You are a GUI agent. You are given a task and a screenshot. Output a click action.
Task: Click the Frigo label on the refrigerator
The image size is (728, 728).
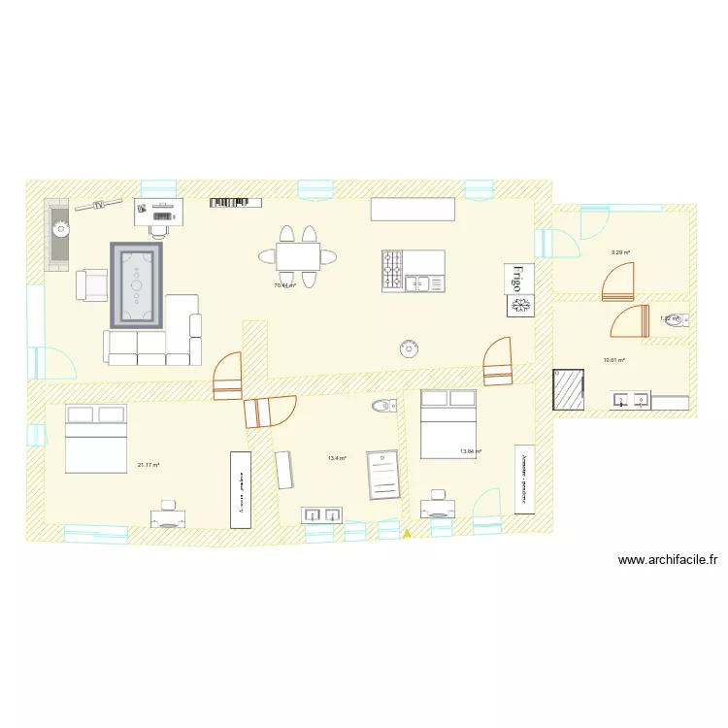(518, 279)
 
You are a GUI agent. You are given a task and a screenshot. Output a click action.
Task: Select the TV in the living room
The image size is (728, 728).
(98, 205)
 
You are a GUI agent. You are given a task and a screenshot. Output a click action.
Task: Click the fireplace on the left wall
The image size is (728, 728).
(59, 235)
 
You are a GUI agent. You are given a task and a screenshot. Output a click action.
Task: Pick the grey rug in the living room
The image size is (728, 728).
(137, 284)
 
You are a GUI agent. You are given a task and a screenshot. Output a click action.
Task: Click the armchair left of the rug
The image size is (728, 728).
(91, 284)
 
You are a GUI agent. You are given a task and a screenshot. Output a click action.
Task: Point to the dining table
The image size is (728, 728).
(298, 256)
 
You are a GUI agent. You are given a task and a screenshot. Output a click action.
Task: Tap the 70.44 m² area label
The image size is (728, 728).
(285, 286)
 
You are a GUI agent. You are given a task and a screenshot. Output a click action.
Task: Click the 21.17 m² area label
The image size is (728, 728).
(148, 465)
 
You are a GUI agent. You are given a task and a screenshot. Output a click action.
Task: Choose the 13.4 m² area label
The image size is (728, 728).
(337, 458)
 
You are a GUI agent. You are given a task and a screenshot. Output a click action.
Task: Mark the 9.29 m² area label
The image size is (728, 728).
(620, 253)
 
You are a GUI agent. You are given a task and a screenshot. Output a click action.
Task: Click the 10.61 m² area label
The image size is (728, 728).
(613, 360)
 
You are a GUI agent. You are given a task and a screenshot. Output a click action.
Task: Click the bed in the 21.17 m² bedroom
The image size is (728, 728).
(95, 439)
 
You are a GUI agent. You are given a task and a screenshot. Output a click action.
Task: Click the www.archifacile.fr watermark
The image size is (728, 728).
(667, 560)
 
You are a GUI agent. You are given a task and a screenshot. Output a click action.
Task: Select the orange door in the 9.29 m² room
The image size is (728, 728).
(617, 282)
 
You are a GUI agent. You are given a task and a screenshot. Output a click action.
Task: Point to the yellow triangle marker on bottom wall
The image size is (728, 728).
(407, 533)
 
